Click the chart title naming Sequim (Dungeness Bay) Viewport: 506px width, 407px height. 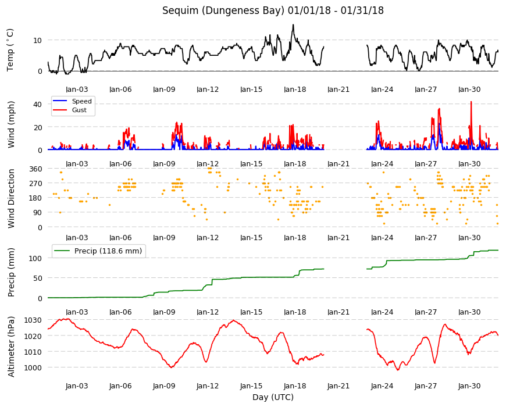[273, 10]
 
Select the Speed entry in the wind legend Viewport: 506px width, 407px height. [81, 101]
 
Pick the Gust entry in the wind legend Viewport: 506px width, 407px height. [79, 110]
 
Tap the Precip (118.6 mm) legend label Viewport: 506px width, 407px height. [108, 251]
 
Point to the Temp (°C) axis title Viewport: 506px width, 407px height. [10, 50]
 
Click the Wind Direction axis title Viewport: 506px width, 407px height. [11, 199]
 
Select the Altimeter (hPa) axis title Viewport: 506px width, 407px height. [11, 347]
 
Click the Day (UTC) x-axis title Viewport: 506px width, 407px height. [273, 397]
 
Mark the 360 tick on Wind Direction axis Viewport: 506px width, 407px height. [36, 169]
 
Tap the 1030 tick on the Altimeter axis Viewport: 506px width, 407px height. [34, 320]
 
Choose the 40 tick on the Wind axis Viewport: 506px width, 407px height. [38, 105]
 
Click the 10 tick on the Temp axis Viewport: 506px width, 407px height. [38, 40]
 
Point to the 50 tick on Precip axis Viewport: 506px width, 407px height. [38, 278]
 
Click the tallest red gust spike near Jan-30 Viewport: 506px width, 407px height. [471, 102]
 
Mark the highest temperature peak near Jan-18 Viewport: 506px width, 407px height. [293, 25]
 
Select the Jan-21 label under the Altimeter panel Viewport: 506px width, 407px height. [338, 386]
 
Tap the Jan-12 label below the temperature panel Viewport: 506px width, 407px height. [208, 90]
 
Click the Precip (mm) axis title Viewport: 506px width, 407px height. [11, 273]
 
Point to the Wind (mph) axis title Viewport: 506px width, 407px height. [11, 124]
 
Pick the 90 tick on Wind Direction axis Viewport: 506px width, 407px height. [38, 213]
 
